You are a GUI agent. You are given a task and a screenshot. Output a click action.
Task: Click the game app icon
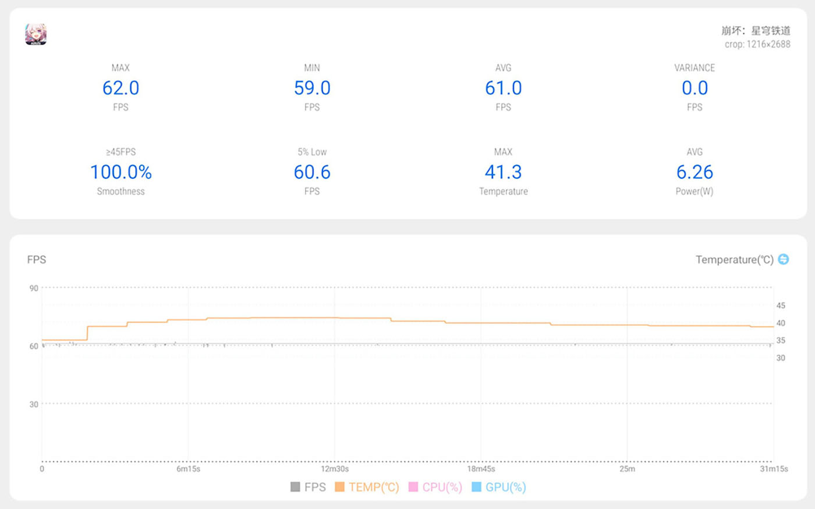tap(36, 34)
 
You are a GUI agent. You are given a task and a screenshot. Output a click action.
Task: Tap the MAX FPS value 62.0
tap(121, 88)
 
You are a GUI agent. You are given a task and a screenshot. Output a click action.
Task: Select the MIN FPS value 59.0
tap(312, 88)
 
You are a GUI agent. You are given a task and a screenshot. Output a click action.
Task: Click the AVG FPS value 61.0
tap(503, 88)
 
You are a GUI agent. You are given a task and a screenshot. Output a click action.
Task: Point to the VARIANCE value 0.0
tap(694, 88)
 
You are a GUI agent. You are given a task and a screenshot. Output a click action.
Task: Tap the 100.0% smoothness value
tap(121, 172)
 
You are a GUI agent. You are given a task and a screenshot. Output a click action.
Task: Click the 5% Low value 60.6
tap(312, 172)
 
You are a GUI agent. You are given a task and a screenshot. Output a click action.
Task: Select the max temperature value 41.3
tap(503, 172)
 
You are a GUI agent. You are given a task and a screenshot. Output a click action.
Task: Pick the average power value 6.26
tap(694, 172)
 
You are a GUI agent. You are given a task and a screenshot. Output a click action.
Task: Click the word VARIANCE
tap(694, 68)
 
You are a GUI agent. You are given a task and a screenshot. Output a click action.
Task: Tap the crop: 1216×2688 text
tap(757, 44)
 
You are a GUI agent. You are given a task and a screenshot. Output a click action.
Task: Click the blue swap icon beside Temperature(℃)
tap(784, 259)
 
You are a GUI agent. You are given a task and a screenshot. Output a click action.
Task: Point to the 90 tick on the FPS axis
tap(34, 289)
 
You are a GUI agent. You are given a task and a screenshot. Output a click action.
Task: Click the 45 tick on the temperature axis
tap(781, 305)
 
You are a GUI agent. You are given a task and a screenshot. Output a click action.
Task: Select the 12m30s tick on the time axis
tap(335, 469)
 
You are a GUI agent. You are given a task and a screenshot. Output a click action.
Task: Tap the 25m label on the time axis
tap(628, 469)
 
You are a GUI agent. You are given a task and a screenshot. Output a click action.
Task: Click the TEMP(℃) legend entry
tap(367, 487)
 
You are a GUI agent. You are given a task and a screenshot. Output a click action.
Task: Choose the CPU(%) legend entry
tap(435, 487)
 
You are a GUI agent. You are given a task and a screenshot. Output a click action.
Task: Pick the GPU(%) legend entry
tap(499, 487)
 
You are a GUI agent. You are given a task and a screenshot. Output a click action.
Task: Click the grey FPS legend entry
tap(308, 487)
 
